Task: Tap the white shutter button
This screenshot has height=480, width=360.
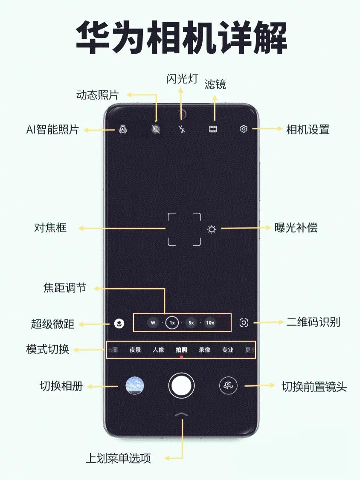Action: [x=182, y=385]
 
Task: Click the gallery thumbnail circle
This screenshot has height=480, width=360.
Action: [x=135, y=385]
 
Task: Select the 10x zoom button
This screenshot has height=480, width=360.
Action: [x=210, y=323]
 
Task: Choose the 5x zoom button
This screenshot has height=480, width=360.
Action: [x=191, y=323]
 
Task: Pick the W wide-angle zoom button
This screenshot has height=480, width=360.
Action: [x=153, y=323]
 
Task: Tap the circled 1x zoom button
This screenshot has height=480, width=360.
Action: [x=172, y=323]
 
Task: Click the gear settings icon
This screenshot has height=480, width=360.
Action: [x=244, y=129]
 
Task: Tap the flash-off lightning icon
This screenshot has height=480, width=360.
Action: [x=182, y=129]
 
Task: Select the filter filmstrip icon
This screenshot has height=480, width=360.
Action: [x=214, y=129]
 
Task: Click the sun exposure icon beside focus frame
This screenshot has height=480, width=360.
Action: [x=212, y=229]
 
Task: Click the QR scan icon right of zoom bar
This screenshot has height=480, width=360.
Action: [x=244, y=323]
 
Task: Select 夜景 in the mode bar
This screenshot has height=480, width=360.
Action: [x=135, y=350]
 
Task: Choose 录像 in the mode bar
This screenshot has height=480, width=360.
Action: [x=205, y=350]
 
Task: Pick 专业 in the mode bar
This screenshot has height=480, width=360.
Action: [x=228, y=350]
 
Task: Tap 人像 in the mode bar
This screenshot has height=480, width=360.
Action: [x=158, y=350]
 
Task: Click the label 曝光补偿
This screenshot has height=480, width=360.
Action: [x=296, y=228]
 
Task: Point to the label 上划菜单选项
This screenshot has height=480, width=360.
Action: [x=118, y=458]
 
